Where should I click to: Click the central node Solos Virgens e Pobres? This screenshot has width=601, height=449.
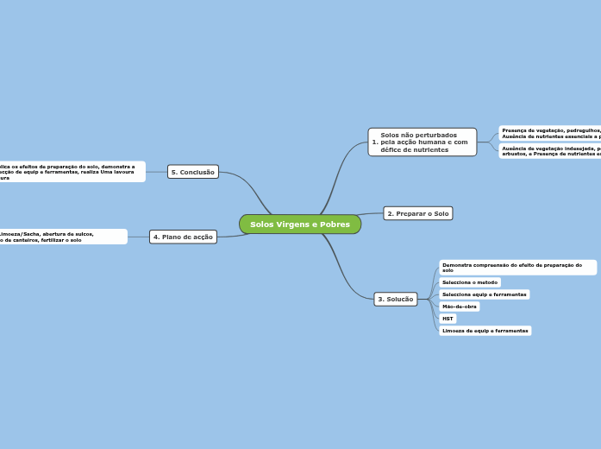point(299,224)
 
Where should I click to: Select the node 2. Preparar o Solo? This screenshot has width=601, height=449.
point(417,213)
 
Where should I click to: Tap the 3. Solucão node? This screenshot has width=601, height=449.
point(396,299)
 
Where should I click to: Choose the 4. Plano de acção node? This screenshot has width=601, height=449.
point(183,237)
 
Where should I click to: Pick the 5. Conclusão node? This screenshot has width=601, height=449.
point(193,172)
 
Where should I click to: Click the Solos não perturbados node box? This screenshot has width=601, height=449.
point(422,142)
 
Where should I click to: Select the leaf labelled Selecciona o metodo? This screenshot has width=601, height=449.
point(470,282)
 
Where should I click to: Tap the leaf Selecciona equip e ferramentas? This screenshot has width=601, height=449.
point(484,294)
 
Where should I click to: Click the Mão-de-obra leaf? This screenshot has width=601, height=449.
point(459,307)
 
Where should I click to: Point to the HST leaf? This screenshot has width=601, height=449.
point(448,319)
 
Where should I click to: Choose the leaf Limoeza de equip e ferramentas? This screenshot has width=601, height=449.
point(485,331)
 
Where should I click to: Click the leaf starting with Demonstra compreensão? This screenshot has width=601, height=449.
point(516,268)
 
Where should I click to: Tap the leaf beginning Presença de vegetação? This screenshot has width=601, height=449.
point(550,133)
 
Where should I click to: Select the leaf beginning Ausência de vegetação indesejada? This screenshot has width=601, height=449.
point(550,151)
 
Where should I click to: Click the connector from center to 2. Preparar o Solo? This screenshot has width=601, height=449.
point(372,213)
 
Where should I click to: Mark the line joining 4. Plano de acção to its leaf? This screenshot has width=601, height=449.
point(138,237)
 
